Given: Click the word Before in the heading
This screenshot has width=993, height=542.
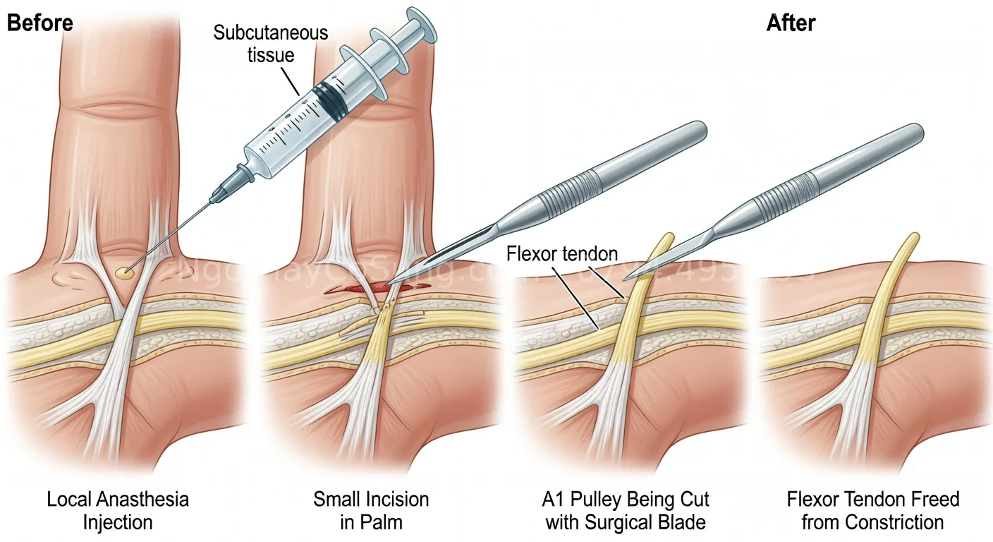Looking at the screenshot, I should point(39,23).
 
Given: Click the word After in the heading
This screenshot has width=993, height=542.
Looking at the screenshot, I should point(791,23).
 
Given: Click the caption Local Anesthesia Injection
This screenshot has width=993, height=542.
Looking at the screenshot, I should point(118,511).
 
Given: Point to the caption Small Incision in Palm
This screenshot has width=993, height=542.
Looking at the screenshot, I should point(371,511).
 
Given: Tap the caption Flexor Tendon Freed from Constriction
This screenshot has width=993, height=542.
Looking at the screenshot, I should point(873,511).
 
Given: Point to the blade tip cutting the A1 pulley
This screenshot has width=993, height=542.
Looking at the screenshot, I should point(627,277).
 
